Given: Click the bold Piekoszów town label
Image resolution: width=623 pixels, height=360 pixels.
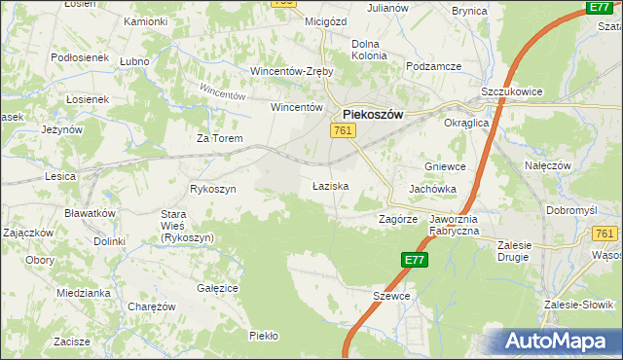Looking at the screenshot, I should [373, 113].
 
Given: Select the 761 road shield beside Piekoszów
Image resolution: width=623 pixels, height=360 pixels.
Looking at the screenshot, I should [343, 130].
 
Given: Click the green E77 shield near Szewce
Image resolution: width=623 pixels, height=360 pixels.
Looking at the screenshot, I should [414, 260].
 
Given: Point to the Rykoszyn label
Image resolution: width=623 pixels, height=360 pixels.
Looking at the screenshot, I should [213, 189].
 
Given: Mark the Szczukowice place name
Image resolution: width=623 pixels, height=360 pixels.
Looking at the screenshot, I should [512, 91].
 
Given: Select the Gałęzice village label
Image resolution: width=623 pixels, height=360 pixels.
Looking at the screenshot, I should [218, 288].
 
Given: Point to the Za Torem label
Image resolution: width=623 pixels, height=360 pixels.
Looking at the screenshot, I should [219, 138].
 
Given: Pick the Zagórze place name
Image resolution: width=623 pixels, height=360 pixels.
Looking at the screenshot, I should [397, 220].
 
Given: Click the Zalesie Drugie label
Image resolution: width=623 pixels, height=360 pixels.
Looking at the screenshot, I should [526, 251].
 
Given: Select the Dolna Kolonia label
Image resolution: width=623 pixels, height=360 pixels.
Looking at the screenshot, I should [369, 50].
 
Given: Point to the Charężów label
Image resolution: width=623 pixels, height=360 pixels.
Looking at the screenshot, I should [152, 306].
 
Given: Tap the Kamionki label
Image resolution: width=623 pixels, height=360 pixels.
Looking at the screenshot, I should [145, 21].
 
